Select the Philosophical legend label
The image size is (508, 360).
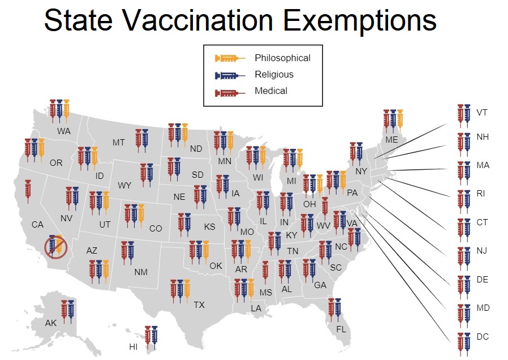pos(282,58)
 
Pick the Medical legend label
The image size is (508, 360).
pos(271,91)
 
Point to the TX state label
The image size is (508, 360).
pos(199,305)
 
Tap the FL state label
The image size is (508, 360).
pos(341,329)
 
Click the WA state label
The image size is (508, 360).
pos(64,131)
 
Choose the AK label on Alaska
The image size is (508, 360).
pos(51,323)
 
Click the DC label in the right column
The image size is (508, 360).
pos(482,337)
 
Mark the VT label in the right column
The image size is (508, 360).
pos(482,112)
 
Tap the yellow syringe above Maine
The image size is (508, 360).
pos(401,119)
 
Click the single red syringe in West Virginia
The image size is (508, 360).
pos(325,207)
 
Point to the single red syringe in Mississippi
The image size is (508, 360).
pos(265,271)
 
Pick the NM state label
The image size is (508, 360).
pos(141,272)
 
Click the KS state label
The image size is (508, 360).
pos(209,227)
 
